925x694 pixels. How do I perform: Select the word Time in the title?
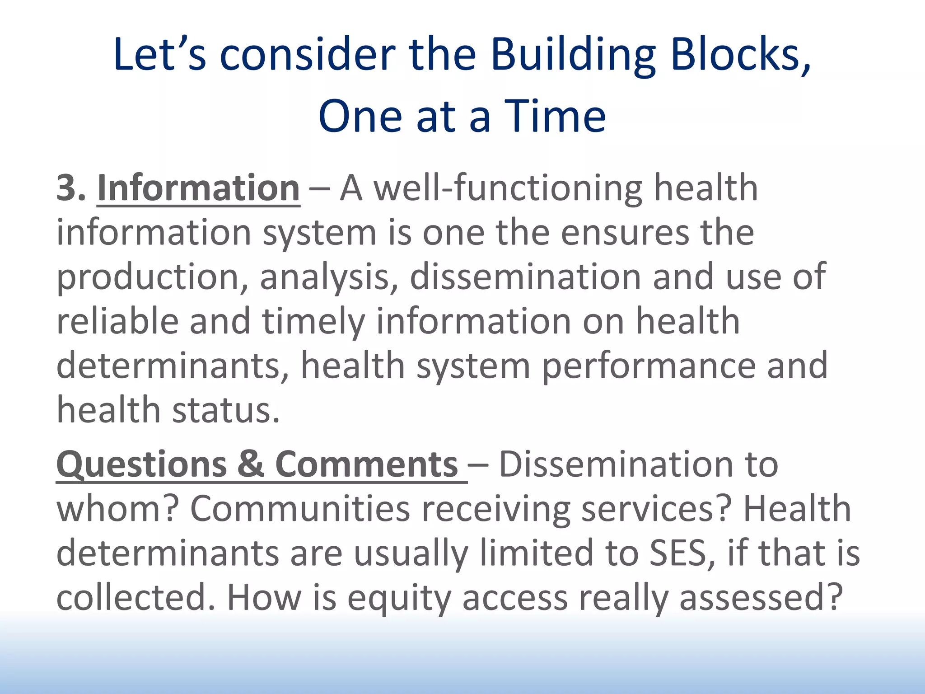click(555, 117)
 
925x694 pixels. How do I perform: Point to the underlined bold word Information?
click(198, 188)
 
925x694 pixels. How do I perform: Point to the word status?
click(226, 409)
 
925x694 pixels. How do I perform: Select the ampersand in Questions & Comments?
click(250, 464)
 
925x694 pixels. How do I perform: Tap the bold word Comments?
click(366, 464)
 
